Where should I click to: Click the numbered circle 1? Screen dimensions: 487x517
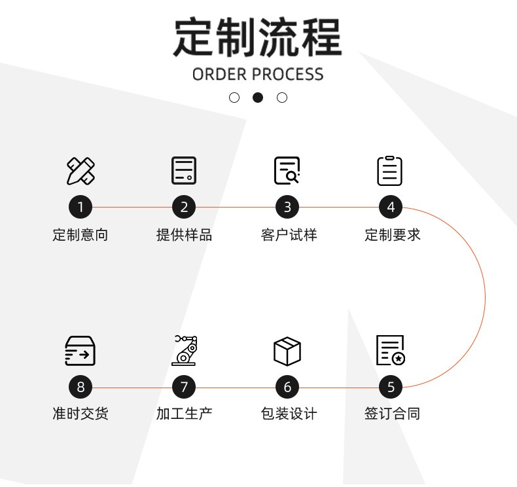tap(80, 207)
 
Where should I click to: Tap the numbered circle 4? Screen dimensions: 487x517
tap(391, 207)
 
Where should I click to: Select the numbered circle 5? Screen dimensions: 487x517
tap(391, 387)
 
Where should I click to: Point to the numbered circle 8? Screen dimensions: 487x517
tap(80, 387)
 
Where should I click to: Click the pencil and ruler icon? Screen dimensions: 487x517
tap(80, 171)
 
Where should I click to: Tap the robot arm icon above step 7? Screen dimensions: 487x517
tap(184, 350)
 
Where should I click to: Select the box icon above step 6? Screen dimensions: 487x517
tap(287, 351)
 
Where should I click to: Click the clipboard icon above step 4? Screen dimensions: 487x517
tap(390, 171)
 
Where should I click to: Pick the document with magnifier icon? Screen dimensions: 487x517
tap(287, 171)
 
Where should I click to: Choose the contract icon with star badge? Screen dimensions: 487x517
tap(391, 350)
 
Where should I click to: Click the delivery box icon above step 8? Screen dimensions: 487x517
tap(80, 351)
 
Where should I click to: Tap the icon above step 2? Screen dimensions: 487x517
tap(184, 171)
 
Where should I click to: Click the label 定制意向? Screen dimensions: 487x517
tap(80, 235)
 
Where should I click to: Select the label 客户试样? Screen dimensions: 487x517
tap(288, 235)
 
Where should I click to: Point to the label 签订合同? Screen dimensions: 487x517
tap(391, 414)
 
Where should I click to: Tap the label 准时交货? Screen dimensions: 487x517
tap(80, 414)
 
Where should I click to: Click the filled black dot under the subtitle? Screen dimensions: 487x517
tap(258, 98)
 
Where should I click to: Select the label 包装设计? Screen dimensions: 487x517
tap(288, 414)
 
